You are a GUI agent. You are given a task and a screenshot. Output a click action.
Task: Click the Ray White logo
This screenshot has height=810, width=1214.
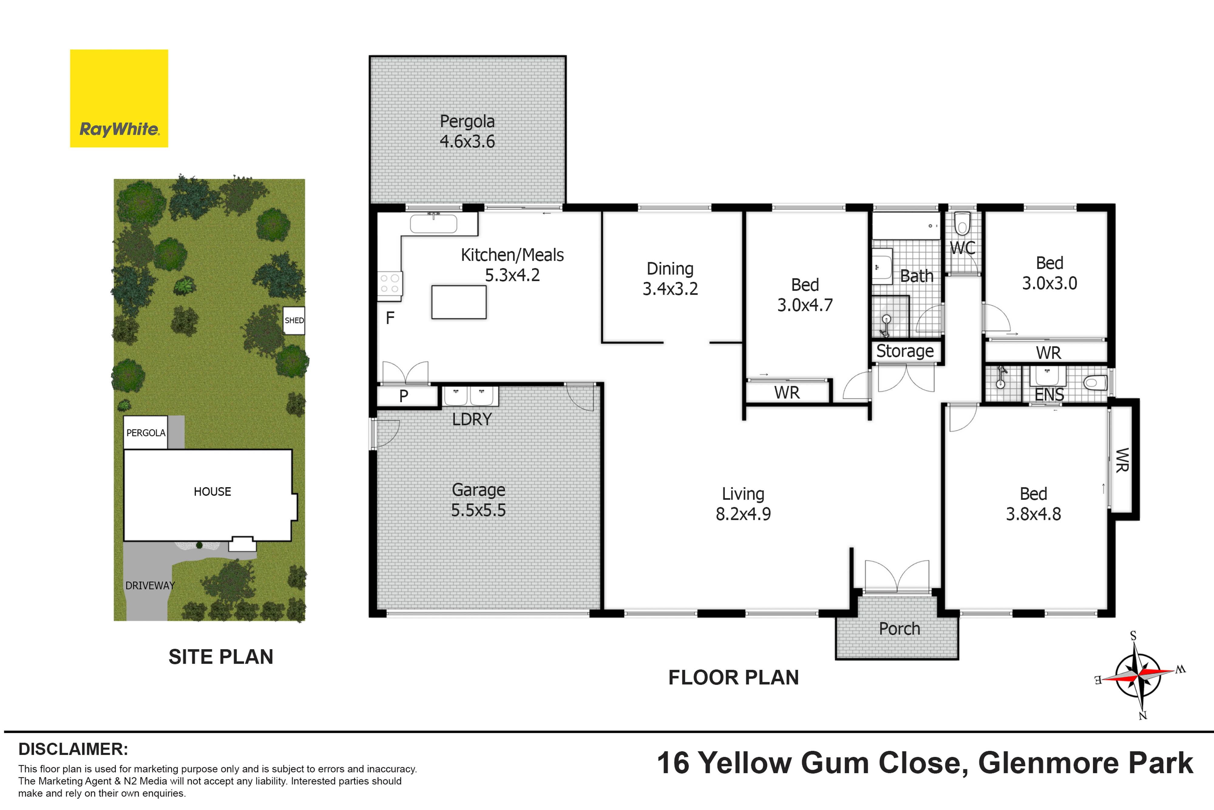click(x=119, y=98)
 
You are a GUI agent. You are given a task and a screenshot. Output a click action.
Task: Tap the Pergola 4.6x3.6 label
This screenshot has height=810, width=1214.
click(x=467, y=131)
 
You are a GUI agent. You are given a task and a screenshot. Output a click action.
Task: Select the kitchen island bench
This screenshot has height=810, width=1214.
click(x=459, y=302)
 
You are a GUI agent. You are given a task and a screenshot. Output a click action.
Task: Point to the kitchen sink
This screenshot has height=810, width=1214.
click(x=434, y=224)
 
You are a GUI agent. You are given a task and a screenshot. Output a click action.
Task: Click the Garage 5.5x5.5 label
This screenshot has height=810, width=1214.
click(x=479, y=500)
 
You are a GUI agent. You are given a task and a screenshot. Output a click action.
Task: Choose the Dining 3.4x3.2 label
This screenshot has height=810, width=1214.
click(x=670, y=279)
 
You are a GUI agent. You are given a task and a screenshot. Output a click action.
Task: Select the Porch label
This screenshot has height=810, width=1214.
click(x=899, y=629)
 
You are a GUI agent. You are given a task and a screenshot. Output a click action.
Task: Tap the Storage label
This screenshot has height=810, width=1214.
click(x=905, y=351)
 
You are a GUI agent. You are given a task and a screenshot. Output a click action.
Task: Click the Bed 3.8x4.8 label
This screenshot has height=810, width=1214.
click(x=1033, y=504)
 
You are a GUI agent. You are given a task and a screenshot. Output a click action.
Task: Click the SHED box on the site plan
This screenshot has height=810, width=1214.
click(x=294, y=320)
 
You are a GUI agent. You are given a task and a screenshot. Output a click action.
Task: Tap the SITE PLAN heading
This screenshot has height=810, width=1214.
click(x=221, y=657)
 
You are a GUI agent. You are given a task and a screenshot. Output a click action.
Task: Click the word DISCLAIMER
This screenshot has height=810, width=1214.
click(x=73, y=749)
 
